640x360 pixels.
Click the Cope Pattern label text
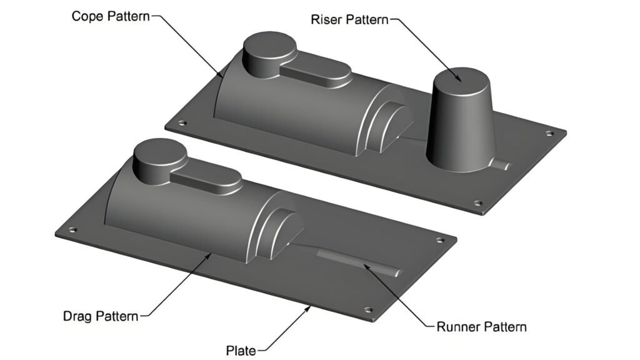click(x=111, y=16)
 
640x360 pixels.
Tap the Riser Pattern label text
click(x=349, y=19)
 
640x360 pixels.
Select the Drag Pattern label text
click(x=101, y=316)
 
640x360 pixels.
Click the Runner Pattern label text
click(x=482, y=326)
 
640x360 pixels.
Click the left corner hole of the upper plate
click(x=182, y=123)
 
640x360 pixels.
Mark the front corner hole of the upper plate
click(x=477, y=203)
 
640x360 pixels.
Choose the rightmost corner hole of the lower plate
click(x=441, y=239)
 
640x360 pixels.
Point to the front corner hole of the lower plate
click(x=369, y=310)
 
